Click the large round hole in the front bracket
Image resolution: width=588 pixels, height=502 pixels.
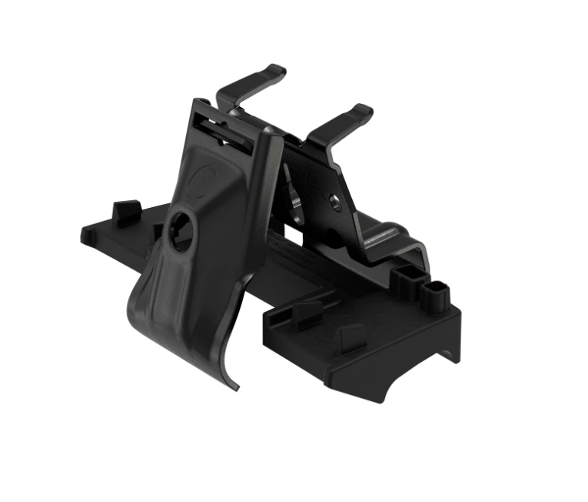point(181,233)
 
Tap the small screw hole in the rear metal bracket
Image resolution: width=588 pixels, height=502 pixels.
point(334,203)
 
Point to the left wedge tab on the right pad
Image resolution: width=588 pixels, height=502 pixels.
point(307,311)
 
